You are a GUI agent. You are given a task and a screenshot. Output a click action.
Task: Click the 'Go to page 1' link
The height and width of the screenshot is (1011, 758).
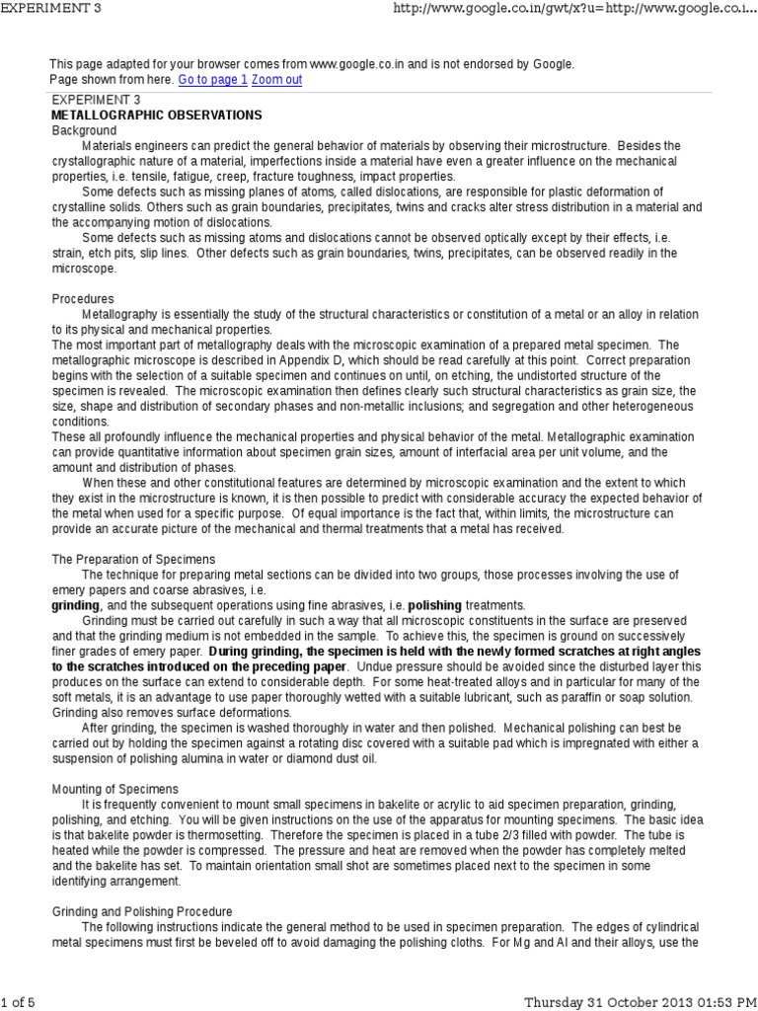tap(212, 79)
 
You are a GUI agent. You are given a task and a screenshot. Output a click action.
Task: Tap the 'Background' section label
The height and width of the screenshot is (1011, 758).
tap(84, 130)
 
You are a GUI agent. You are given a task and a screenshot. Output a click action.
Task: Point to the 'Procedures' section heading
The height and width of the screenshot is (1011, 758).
tap(82, 298)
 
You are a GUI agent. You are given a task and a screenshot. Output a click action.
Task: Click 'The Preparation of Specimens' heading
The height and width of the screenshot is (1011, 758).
tap(133, 559)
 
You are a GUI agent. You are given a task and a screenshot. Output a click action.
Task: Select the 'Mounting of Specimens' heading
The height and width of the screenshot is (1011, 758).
tap(114, 790)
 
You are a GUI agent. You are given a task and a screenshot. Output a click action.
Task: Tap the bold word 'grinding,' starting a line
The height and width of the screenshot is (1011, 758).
tap(75, 605)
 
